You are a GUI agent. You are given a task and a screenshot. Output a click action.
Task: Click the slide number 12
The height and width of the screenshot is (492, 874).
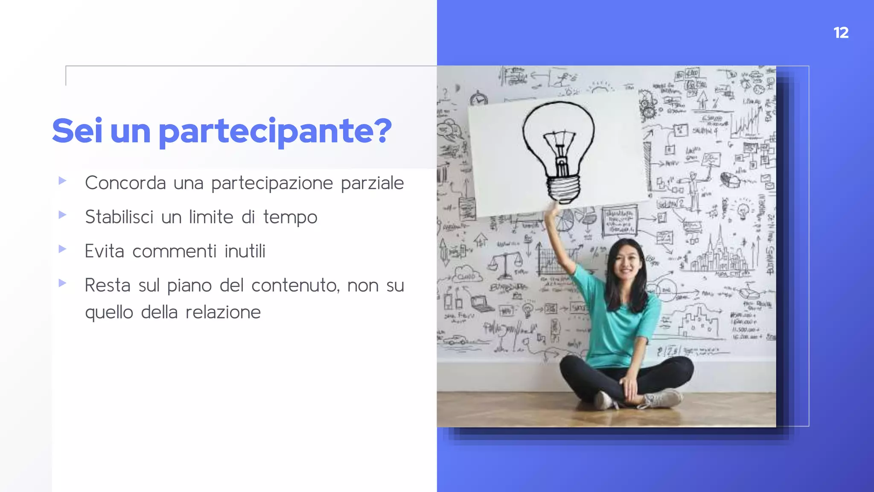click(x=841, y=33)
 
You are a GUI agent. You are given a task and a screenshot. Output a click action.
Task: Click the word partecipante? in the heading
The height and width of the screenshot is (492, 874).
click(x=275, y=131)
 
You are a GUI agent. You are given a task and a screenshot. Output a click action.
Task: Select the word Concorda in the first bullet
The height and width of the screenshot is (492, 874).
click(x=125, y=183)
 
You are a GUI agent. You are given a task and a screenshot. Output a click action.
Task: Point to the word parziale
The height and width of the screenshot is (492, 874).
click(x=372, y=183)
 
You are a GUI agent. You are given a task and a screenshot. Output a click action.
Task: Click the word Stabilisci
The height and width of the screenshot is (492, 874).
click(x=119, y=217)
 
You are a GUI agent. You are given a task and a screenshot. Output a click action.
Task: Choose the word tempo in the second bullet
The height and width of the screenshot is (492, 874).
click(x=290, y=217)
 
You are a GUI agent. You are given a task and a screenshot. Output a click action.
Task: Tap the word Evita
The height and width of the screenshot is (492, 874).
click(x=104, y=251)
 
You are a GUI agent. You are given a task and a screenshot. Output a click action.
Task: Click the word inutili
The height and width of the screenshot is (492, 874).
click(x=245, y=251)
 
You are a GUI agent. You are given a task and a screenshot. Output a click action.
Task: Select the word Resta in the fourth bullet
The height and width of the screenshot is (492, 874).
click(x=107, y=285)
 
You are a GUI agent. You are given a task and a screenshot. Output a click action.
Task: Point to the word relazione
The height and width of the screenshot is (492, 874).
click(x=223, y=312)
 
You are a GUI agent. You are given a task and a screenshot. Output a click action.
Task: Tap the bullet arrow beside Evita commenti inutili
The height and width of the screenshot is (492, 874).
click(x=62, y=249)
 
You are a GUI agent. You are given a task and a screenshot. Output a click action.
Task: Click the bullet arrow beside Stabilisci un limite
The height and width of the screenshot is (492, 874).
click(x=62, y=215)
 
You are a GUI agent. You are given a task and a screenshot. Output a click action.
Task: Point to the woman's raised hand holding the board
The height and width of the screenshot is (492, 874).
click(x=553, y=208)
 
